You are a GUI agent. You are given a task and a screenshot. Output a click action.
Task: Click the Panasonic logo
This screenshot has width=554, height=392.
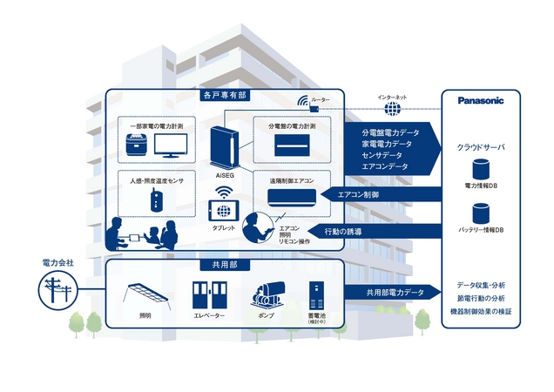(482, 100)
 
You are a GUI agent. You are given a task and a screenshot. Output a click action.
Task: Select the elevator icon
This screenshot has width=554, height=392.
(206, 298)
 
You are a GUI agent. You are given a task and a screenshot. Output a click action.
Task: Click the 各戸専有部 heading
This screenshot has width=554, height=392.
(223, 94)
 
